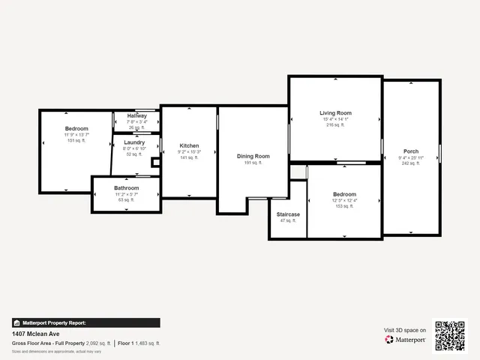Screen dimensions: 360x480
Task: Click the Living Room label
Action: [x=337, y=113]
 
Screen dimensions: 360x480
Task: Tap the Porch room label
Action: [x=410, y=151]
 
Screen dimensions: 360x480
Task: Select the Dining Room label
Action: [x=253, y=156]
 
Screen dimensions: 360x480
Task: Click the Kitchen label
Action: [x=189, y=145]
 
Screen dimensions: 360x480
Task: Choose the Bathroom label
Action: [x=126, y=188]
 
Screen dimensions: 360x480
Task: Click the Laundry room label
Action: [x=134, y=142]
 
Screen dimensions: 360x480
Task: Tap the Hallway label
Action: [x=136, y=116]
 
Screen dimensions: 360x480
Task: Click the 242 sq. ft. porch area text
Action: [x=410, y=163]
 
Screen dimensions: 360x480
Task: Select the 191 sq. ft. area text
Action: [x=253, y=162]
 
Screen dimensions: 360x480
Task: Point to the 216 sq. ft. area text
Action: [x=337, y=125]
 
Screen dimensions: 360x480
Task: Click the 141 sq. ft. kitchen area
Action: [x=189, y=157]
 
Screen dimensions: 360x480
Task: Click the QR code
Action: [x=450, y=336]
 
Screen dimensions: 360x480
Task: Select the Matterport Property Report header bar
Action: [x=85, y=322]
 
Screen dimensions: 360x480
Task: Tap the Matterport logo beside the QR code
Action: [x=406, y=340]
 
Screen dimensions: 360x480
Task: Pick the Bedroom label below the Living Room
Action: [x=344, y=194]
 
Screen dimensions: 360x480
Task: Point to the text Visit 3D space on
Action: [x=405, y=330]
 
